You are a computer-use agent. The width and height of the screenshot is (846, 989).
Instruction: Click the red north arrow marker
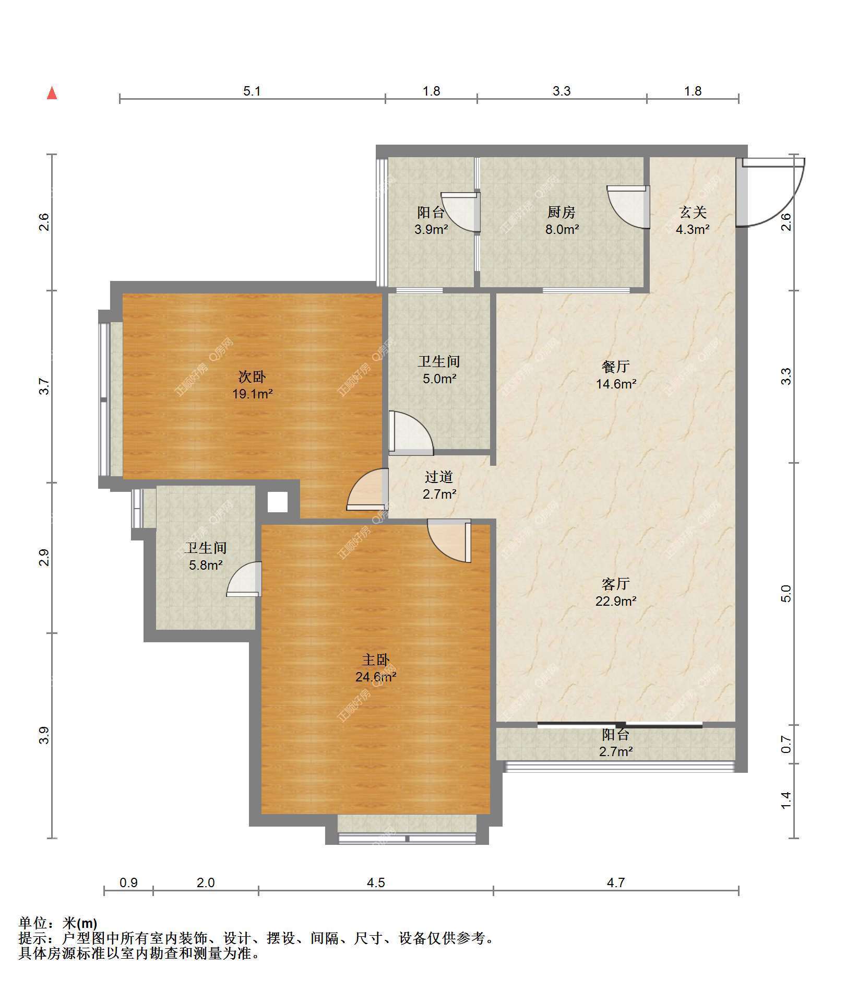(x=52, y=93)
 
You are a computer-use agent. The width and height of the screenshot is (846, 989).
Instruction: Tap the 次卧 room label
(x=252, y=376)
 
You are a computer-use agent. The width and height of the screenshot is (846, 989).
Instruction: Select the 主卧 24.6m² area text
(x=376, y=677)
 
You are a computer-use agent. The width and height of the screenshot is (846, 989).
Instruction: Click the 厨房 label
(x=562, y=212)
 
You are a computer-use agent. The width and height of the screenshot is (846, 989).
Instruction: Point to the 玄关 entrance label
(x=693, y=212)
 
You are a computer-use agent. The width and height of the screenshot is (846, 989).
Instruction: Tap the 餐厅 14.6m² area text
(x=616, y=384)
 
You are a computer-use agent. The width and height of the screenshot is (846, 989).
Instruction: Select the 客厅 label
(x=616, y=584)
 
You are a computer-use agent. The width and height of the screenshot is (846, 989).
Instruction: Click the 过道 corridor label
(x=439, y=477)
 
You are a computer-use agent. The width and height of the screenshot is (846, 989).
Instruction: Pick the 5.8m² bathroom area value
(x=206, y=564)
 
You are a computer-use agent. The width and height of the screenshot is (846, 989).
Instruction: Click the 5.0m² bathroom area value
(x=439, y=379)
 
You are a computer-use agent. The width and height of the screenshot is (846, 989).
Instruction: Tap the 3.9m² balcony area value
(x=431, y=229)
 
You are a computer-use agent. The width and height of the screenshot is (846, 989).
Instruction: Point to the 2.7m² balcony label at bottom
(x=616, y=751)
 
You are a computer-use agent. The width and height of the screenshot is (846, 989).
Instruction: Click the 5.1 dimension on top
(x=252, y=91)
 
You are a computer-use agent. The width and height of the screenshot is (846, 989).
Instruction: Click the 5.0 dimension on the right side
(x=786, y=593)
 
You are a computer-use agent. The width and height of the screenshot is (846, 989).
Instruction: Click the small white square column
(x=278, y=502)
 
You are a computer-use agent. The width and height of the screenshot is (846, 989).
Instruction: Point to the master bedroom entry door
(x=449, y=540)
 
